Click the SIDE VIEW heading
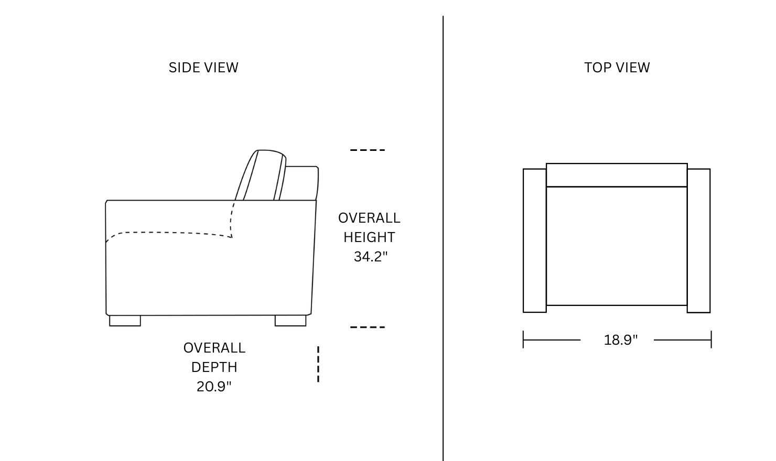click(203, 68)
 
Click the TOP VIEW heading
click(617, 68)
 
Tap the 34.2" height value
click(371, 257)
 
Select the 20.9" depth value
click(214, 386)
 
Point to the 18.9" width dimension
click(620, 340)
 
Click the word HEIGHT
click(369, 237)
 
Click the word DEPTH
click(214, 367)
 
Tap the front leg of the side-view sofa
click(125, 321)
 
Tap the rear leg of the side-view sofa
click(290, 321)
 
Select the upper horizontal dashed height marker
click(368, 150)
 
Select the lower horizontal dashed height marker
click(368, 327)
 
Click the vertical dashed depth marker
click(318, 364)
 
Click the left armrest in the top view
click(534, 240)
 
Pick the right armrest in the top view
click(699, 240)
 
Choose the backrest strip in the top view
click(617, 175)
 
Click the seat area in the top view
click(617, 246)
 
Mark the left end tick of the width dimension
click(523, 339)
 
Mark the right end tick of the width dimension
click(711, 339)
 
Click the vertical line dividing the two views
click(443, 238)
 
